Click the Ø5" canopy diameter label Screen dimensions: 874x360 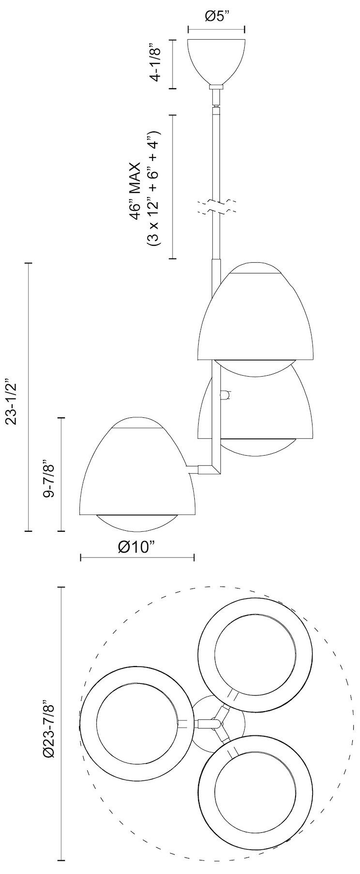pyautogui.click(x=216, y=16)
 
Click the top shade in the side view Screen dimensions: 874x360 pyautogui.click(x=255, y=315)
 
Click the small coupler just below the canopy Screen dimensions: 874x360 pyautogui.click(x=216, y=87)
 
